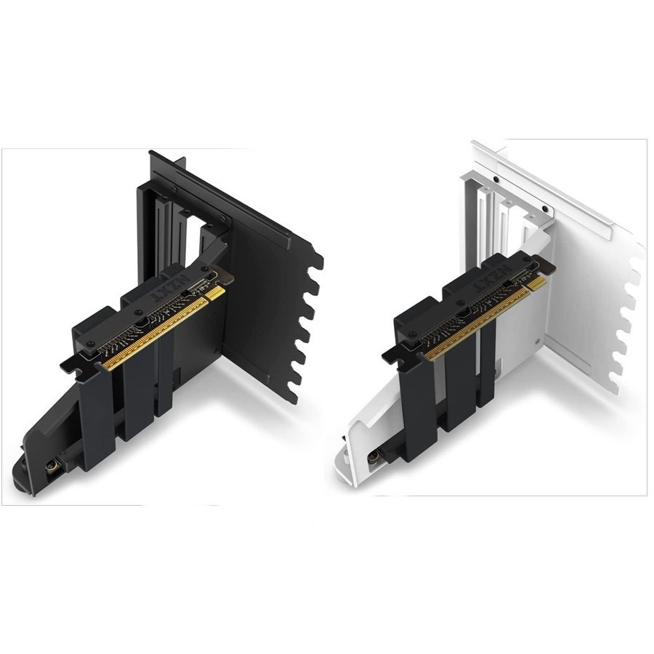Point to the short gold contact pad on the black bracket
216,292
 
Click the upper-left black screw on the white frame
495,179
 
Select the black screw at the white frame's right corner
545,209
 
